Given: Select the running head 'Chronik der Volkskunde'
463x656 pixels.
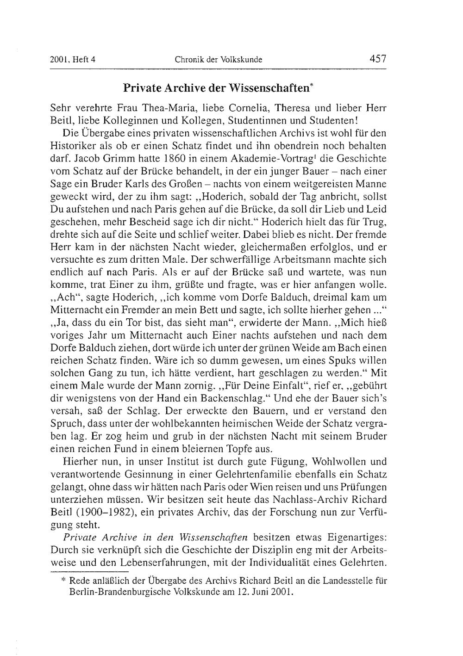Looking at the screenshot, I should (219, 60).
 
